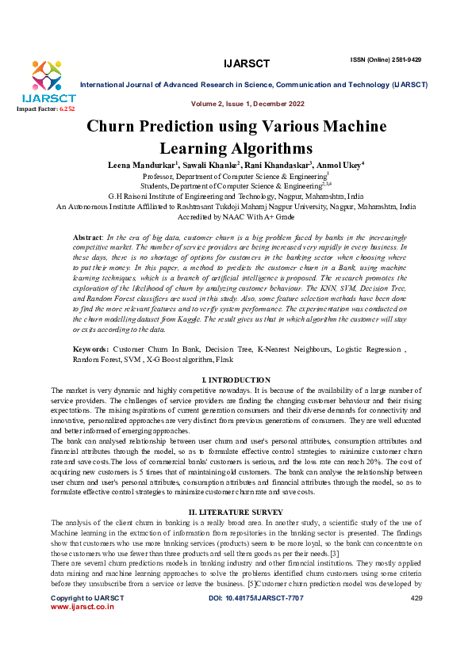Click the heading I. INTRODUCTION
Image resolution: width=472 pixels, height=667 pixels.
pyautogui.click(x=236, y=380)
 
